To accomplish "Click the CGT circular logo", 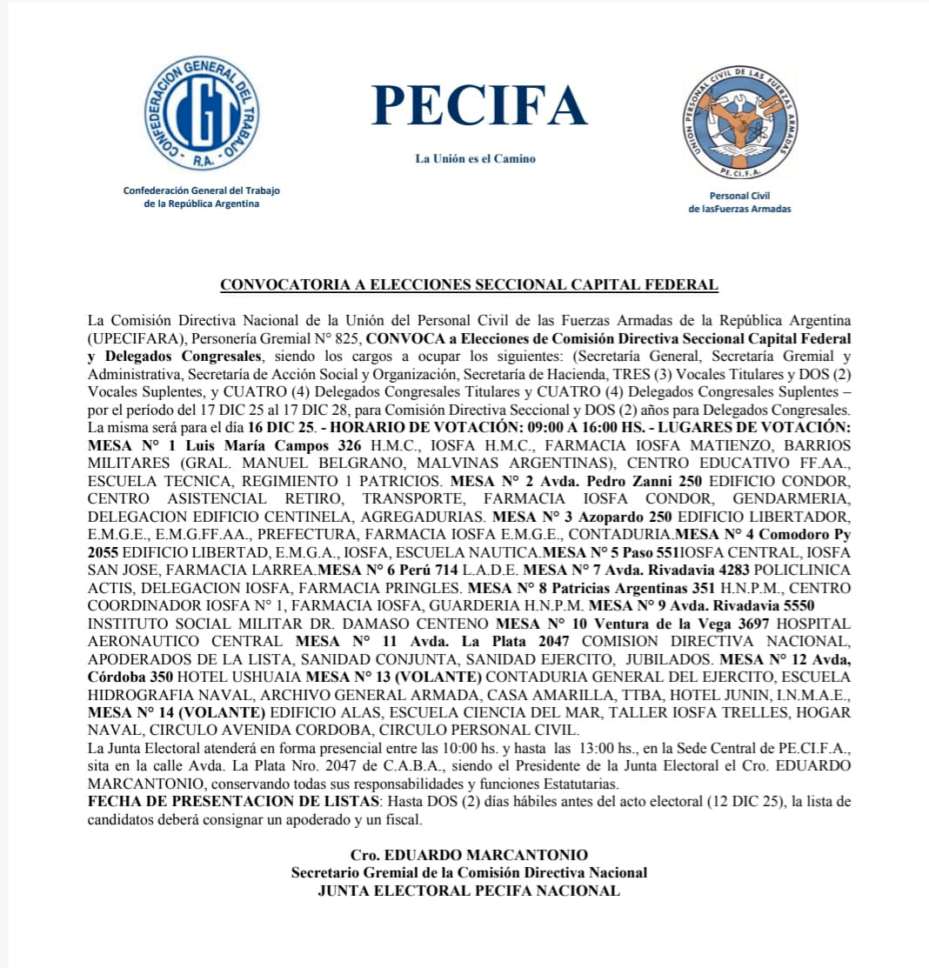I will coord(202,113).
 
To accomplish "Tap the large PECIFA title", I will coord(479,105).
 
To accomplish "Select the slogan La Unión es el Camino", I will coord(475,158).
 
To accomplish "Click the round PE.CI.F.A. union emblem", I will coord(739,121).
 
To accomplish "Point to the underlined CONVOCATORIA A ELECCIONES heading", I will coord(469,284).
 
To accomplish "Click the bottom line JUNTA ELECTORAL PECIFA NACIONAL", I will coord(469,891).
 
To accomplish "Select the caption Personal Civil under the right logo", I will coord(739,196).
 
